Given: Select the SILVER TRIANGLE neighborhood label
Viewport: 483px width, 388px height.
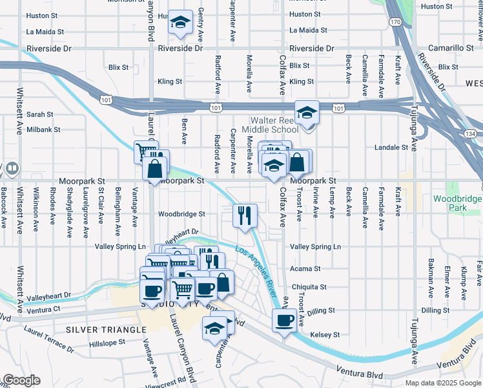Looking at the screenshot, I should coord(107,330).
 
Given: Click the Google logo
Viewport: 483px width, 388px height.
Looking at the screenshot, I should coord(21,380).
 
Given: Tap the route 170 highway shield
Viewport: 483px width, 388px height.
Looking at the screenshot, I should coord(395,23).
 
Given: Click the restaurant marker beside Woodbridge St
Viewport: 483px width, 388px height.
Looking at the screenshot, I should coord(245,215).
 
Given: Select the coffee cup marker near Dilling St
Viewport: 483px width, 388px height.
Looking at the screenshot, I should coord(283,320).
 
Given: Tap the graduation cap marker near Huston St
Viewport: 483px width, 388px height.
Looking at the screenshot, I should coord(180,23).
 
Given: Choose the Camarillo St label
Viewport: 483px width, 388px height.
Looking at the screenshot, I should coord(452,48).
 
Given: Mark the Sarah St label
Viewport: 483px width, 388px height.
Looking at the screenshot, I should coord(39,114).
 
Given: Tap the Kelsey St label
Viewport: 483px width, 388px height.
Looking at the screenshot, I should coord(324,334).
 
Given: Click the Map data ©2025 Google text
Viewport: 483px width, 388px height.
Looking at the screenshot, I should coord(443,383).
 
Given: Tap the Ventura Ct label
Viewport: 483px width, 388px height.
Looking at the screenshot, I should coord(43,309).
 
